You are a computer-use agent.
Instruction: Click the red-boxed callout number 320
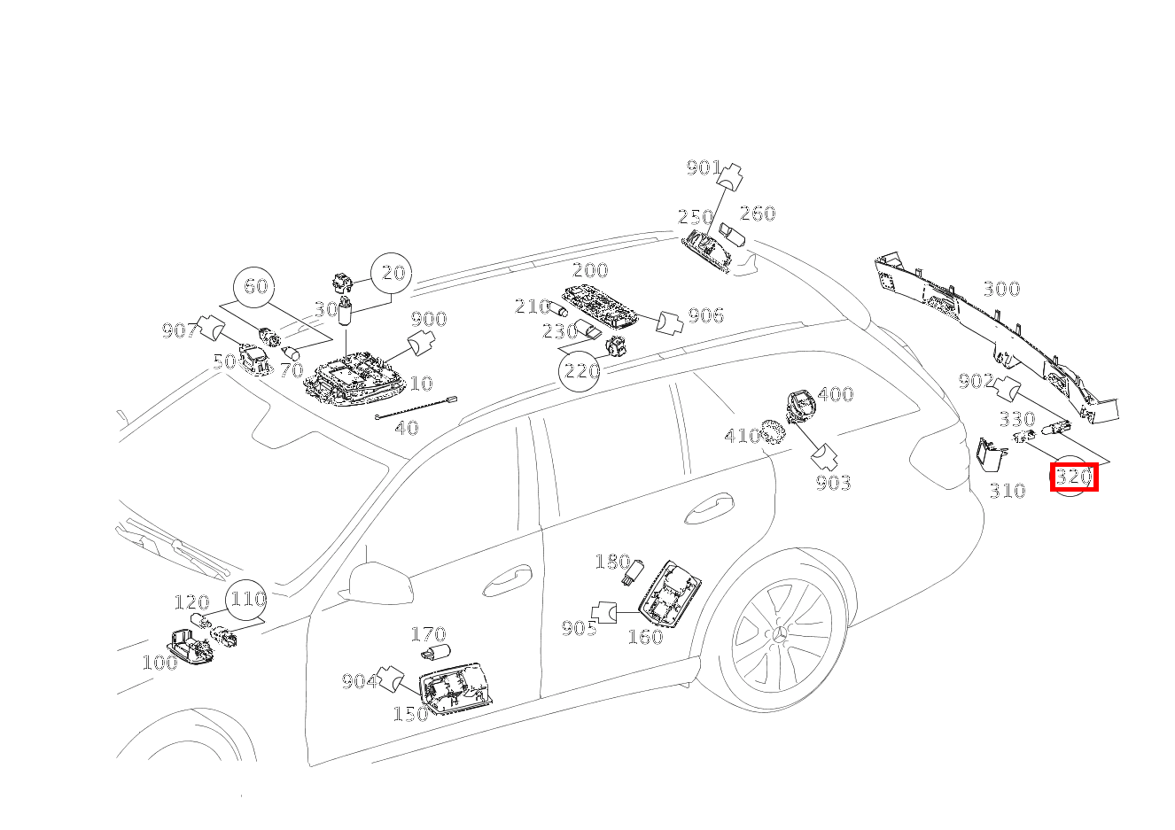click(1073, 477)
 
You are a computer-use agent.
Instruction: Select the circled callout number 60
click(255, 287)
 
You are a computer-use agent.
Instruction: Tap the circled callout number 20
click(393, 274)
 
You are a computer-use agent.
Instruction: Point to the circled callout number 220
click(581, 370)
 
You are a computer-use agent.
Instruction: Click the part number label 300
click(1001, 289)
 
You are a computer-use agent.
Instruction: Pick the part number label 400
click(835, 394)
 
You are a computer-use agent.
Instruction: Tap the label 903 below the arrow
click(833, 483)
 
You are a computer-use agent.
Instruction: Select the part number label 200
click(590, 270)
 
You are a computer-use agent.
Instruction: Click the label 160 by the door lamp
click(645, 637)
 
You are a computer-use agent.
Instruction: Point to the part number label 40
click(406, 428)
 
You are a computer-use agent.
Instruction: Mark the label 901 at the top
click(704, 167)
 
